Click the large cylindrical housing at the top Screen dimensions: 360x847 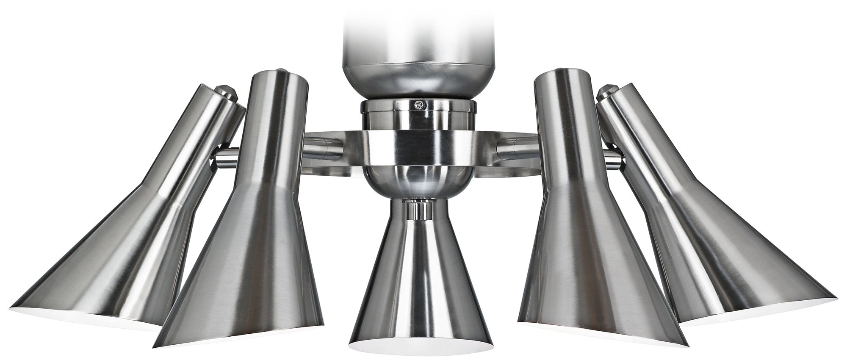[407, 42]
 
